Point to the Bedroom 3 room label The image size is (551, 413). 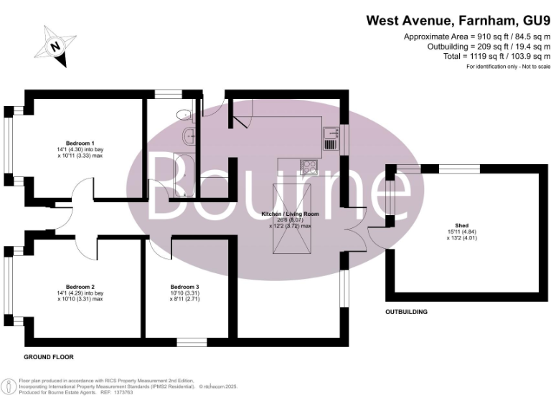coord(184,287)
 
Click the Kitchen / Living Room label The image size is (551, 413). coord(290,214)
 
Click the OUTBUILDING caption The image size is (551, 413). coord(406,312)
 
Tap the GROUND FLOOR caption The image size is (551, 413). coord(49,356)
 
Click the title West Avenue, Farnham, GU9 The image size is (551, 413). coord(458,20)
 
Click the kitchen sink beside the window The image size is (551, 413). coord(330,133)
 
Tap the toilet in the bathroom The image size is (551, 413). coord(185,113)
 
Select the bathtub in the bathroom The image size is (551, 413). coord(184,174)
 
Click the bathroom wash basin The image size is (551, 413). coord(188,135)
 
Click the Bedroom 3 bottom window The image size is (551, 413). coord(191,341)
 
